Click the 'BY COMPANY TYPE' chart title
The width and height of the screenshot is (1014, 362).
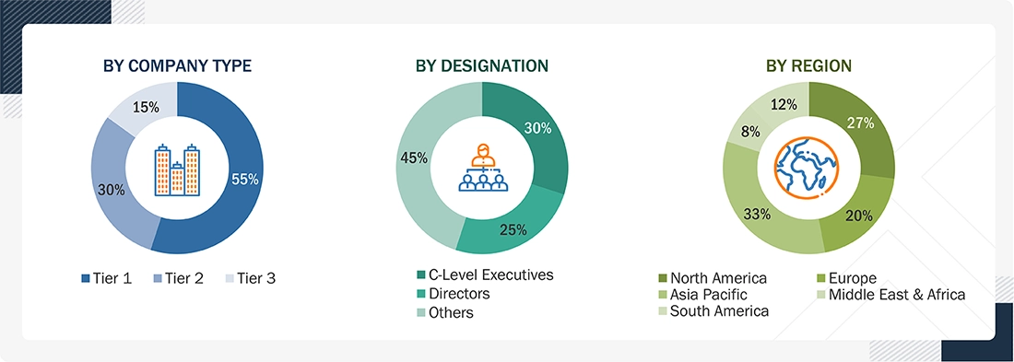tap(178, 65)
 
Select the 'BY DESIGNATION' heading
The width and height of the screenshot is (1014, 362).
tap(482, 65)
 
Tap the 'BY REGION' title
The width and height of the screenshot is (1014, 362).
tap(808, 65)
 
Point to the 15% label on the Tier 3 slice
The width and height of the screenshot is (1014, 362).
tap(147, 107)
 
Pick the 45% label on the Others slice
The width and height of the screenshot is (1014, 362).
tap(415, 158)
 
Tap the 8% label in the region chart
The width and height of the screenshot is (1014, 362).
tap(750, 133)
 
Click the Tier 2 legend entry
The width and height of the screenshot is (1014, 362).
tap(178, 277)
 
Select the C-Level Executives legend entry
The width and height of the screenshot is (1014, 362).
tap(486, 274)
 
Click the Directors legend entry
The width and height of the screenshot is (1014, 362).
tap(454, 294)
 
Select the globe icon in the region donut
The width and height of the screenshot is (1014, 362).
tap(808, 168)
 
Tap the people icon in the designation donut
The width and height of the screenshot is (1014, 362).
tap(482, 168)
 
